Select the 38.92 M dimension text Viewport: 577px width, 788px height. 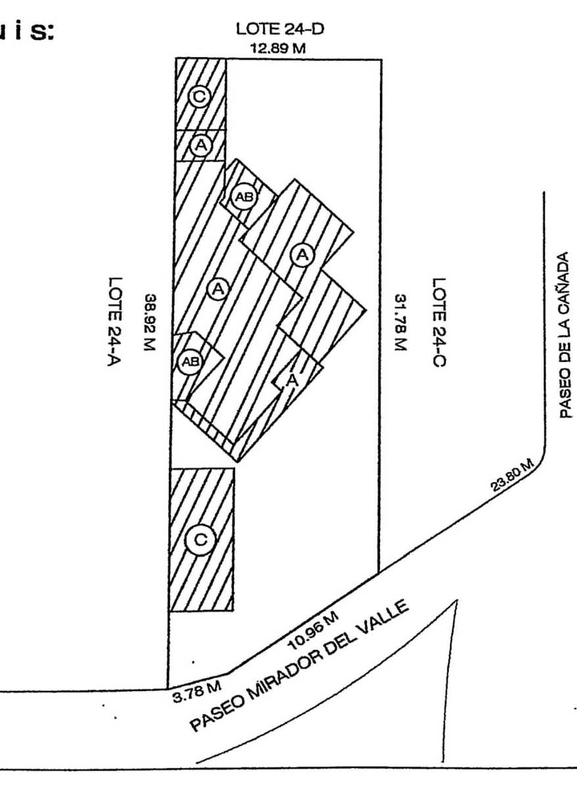[150, 322]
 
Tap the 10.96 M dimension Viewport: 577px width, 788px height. [313, 628]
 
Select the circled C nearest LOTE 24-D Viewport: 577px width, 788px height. [199, 97]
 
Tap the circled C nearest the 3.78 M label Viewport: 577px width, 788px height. [200, 540]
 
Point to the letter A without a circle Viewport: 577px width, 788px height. [293, 379]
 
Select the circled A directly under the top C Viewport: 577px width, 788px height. [200, 145]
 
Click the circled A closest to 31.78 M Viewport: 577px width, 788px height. [302, 254]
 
